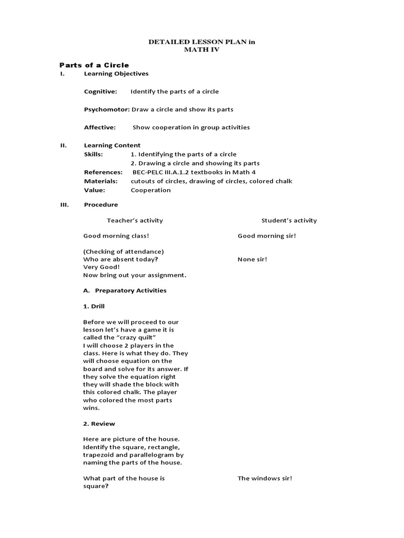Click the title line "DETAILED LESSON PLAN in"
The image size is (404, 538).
[202, 42]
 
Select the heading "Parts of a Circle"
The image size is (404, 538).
[94, 65]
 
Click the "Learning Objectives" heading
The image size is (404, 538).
[116, 74]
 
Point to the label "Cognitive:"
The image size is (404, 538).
[100, 91]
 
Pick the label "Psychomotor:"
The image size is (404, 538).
[107, 109]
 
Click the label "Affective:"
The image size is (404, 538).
[100, 127]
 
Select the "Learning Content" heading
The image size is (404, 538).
[112, 145]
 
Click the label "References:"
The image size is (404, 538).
[103, 172]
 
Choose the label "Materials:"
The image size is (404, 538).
[102, 181]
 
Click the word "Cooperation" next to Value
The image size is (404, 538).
[150, 190]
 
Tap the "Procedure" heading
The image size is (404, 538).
[101, 204]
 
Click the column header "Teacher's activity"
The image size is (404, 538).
[135, 221]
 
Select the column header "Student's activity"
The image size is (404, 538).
[289, 221]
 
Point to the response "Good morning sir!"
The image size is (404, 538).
[267, 236]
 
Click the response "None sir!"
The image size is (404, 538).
[252, 259]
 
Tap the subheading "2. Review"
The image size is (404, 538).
[99, 423]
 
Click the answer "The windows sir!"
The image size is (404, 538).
[265, 478]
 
